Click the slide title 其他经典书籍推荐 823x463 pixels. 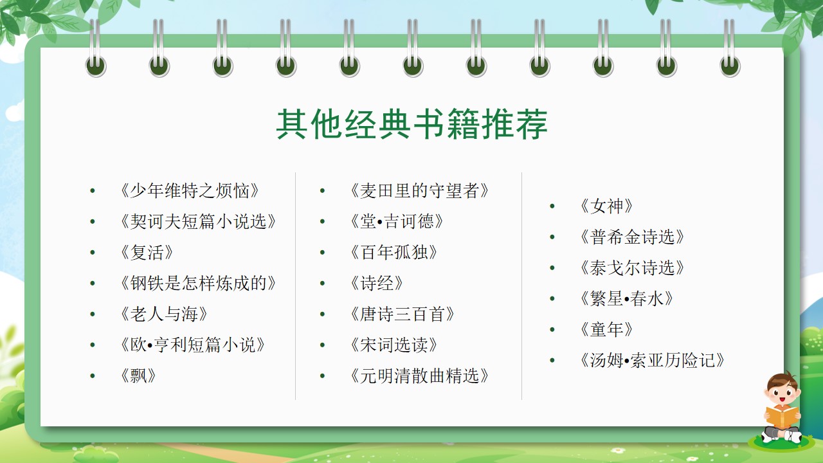412,124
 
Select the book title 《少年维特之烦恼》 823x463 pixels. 190,191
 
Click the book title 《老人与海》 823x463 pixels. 164,314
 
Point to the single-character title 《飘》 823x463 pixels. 138,376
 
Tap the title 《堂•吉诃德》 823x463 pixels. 397,222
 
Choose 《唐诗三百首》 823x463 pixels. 402,314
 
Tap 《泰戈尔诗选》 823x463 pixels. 632,268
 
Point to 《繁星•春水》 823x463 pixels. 626,299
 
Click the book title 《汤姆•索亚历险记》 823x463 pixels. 652,361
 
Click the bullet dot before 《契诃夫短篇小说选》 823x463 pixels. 93,222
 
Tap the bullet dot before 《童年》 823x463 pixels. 552,330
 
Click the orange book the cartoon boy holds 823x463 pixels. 782,417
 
